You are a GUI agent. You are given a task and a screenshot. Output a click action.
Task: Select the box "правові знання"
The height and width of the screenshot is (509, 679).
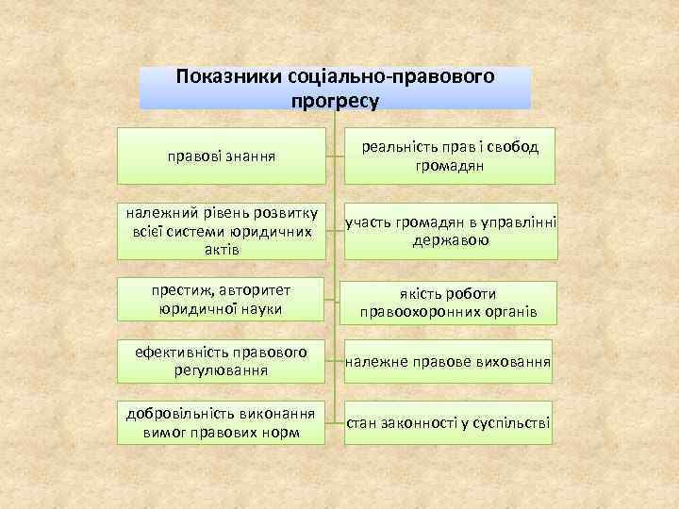(222, 155)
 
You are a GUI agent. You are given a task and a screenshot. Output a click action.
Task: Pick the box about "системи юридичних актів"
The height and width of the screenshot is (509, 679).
(222, 229)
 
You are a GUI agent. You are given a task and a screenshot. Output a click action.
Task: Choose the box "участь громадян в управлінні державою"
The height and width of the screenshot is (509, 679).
(449, 229)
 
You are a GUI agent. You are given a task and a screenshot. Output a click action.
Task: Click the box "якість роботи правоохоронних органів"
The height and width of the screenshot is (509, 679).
(449, 302)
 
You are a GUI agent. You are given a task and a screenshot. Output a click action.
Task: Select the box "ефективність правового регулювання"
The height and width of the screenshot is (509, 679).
(222, 361)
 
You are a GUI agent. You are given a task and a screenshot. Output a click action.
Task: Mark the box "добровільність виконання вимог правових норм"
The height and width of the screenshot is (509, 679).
(222, 422)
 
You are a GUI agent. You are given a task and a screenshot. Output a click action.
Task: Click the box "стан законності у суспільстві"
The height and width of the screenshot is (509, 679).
(449, 421)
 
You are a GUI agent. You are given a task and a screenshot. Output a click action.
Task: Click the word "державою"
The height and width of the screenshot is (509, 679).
(449, 239)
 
